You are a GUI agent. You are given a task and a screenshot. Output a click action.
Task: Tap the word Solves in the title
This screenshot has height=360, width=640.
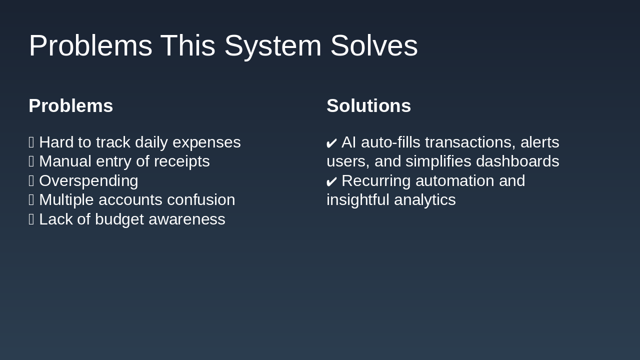pos(373,46)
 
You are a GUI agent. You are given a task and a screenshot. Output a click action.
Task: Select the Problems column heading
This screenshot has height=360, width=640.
pos(71,106)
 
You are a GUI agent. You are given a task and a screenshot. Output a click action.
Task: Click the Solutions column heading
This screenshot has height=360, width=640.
pos(368,106)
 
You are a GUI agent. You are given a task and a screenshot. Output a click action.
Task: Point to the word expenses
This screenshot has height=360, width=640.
pos(206,142)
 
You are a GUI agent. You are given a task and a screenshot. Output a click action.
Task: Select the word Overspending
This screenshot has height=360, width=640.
pos(88,180)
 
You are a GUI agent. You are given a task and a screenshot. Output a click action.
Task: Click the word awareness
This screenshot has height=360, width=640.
pos(187,219)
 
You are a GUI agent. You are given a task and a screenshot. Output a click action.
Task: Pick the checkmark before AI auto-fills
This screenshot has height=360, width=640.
pos(331,143)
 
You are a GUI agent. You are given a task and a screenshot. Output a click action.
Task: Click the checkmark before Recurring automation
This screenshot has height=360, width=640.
pos(331,181)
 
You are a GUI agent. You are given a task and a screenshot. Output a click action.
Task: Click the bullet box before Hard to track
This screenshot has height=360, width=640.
pos(31,142)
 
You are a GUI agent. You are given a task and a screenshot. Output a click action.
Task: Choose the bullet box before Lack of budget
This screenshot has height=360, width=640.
pos(31,219)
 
